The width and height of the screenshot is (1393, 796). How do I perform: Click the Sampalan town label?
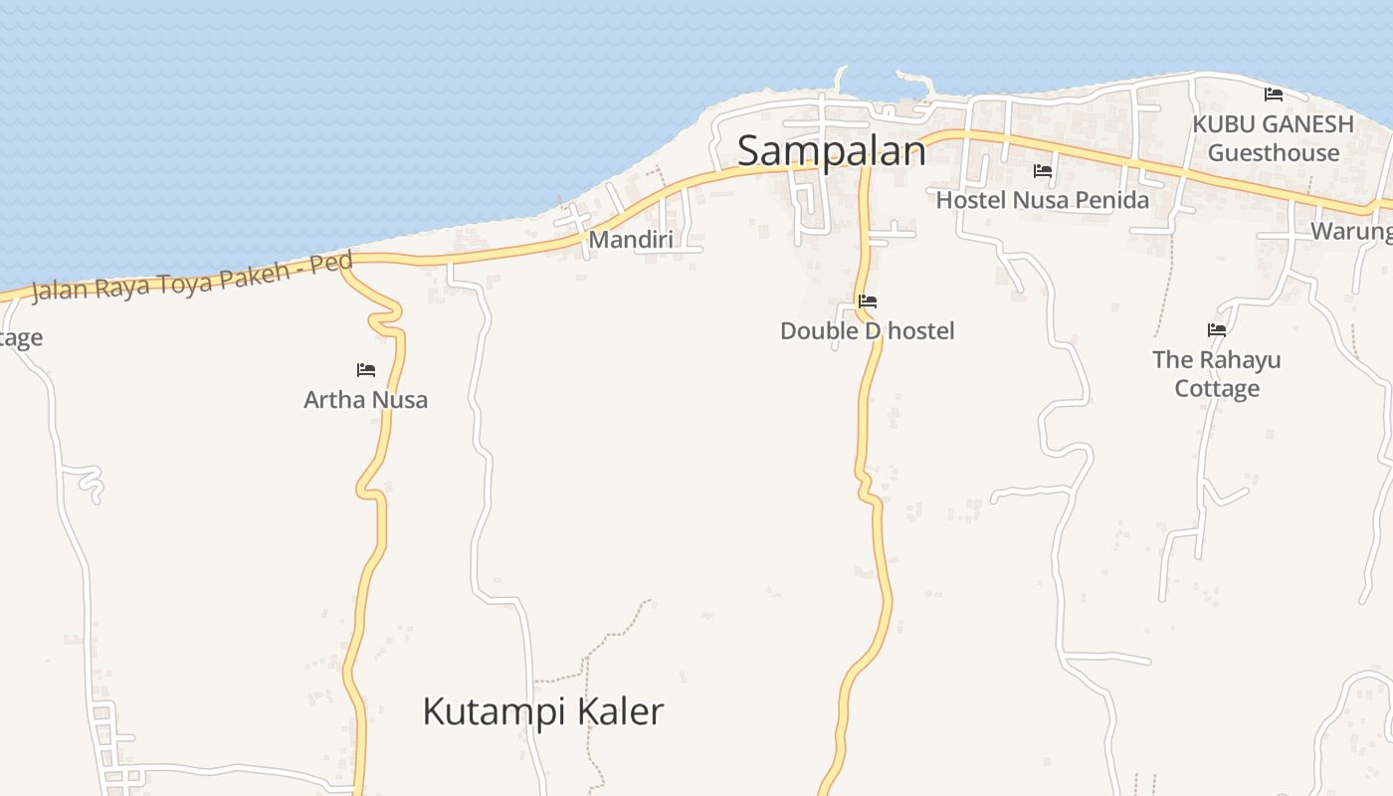(831, 151)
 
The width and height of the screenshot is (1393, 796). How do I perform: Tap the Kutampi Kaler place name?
(542, 712)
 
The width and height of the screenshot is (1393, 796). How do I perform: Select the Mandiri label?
(631, 239)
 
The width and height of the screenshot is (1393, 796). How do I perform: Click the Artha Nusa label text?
(365, 400)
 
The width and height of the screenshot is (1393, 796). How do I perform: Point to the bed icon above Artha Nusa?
(366, 370)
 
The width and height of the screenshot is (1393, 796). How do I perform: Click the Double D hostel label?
(867, 331)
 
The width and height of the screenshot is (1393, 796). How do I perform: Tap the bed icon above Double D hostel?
(868, 300)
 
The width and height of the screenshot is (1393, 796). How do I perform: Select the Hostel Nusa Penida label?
(1042, 200)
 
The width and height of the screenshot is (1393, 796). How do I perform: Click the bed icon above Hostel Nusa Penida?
(1043, 171)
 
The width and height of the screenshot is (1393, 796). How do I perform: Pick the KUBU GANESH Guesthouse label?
(1274, 138)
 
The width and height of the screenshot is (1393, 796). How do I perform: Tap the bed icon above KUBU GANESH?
(1274, 95)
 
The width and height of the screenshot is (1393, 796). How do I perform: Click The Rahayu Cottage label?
(1217, 374)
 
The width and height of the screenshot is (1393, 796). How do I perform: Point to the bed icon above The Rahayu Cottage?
(1217, 329)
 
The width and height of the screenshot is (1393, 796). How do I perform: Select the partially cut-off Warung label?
(1351, 232)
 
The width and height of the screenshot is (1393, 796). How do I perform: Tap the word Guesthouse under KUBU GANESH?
(1274, 153)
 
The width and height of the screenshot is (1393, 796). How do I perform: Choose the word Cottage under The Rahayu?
(1217, 388)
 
